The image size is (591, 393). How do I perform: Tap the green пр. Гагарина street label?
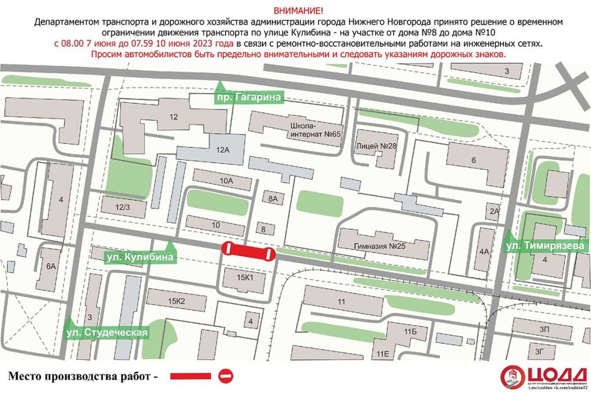click(x=249, y=98)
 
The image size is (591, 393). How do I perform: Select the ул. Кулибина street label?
click(x=139, y=257)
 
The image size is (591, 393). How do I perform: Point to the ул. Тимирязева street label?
click(x=545, y=247)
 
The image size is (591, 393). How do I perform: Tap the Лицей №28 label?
click(x=376, y=146)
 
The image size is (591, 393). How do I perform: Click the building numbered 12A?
click(x=223, y=150)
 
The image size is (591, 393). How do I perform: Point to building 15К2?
click(x=176, y=300)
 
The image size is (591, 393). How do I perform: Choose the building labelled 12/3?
click(x=122, y=206)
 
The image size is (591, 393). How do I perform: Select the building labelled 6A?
click(x=51, y=266)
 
